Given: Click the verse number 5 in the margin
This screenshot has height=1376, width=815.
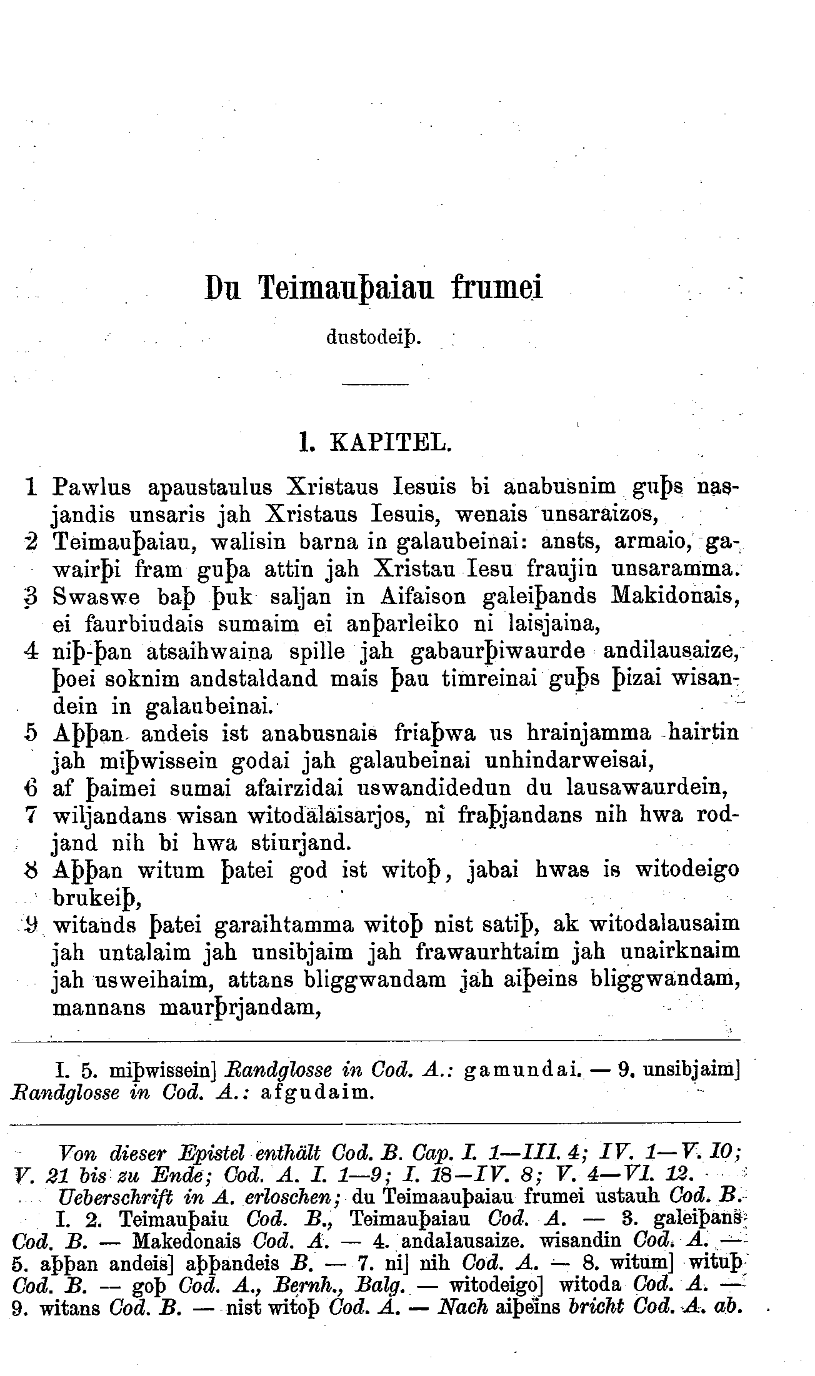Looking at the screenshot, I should coord(33,732).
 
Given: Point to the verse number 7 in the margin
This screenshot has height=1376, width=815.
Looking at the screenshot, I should coord(33,815).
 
